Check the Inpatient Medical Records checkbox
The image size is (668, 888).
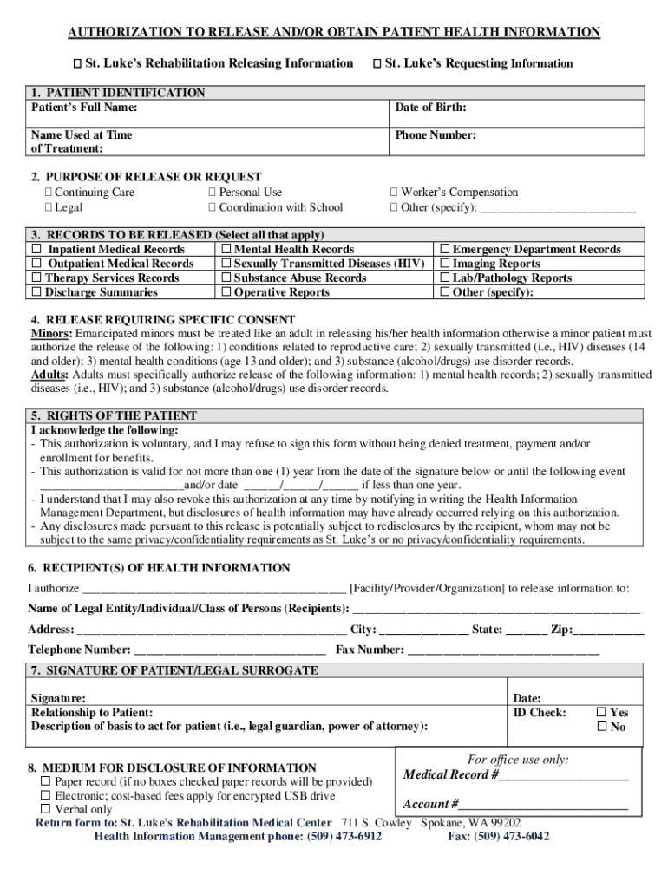(x=37, y=250)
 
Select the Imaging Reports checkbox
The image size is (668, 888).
(x=445, y=264)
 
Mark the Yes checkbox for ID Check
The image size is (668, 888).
(x=601, y=713)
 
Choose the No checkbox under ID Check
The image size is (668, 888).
(x=601, y=728)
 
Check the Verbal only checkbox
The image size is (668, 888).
(x=46, y=809)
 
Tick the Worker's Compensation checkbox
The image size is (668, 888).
(x=394, y=193)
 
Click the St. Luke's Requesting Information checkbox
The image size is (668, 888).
(x=377, y=63)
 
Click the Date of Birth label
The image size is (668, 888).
(x=430, y=108)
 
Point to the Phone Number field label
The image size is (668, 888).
(x=436, y=135)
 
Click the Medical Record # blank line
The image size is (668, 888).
(x=563, y=775)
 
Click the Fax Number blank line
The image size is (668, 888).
(x=503, y=650)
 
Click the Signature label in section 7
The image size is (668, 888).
(x=58, y=698)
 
